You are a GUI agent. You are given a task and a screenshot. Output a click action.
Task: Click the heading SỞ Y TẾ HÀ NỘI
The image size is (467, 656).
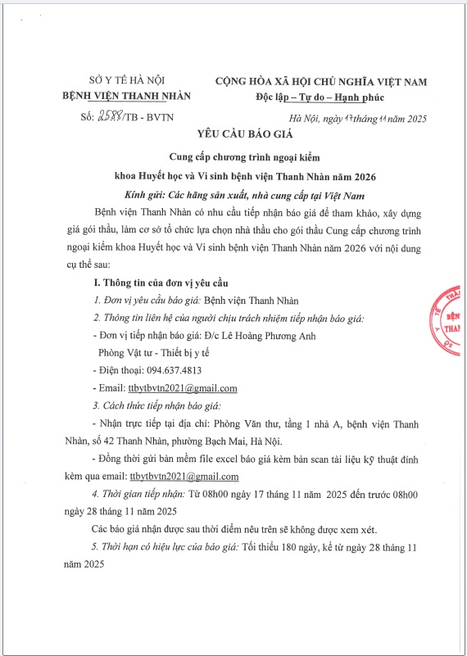point(126,81)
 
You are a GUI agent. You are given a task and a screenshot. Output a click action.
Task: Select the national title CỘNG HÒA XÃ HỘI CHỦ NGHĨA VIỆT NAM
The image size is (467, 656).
point(320,81)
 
